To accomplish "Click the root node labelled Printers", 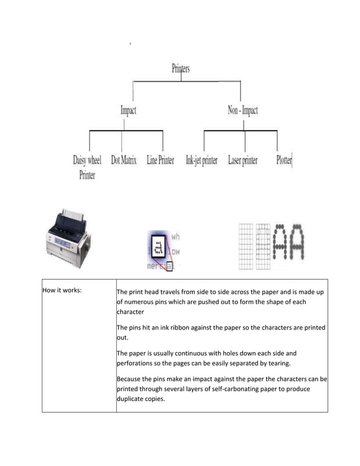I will pyautogui.click(x=181, y=69).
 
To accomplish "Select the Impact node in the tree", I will pyautogui.click(x=129, y=111).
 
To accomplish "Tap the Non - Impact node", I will pyautogui.click(x=243, y=111).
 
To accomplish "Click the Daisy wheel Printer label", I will pyautogui.click(x=87, y=167).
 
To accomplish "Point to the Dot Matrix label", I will pyautogui.click(x=124, y=160).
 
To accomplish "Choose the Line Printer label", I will pyautogui.click(x=160, y=160).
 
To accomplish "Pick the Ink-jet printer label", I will pyautogui.click(x=201, y=160).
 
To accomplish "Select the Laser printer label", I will pyautogui.click(x=243, y=160).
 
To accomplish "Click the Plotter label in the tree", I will pyautogui.click(x=284, y=160).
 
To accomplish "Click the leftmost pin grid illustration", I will pyautogui.click(x=245, y=247).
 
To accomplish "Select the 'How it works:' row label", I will pyautogui.click(x=62, y=291).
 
